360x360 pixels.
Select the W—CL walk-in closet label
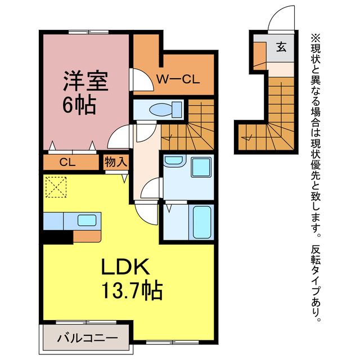click(177, 79)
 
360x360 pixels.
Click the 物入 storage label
click(115, 162)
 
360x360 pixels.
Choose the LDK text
click(125, 265)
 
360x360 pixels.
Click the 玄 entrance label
click(281, 47)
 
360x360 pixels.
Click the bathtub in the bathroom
click(201, 222)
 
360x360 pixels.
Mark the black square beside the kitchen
click(57, 236)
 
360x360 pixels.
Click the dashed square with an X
click(56, 187)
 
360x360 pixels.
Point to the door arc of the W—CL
click(140, 79)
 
